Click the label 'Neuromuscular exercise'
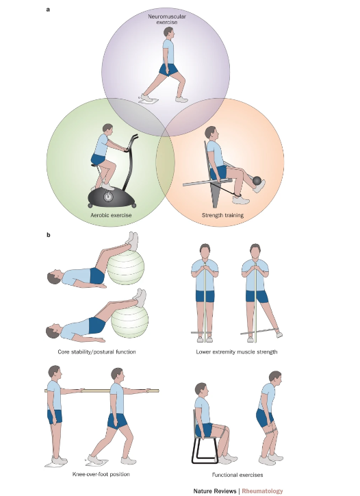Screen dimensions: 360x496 pos(167,19)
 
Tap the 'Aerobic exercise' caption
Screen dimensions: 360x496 pos(111,215)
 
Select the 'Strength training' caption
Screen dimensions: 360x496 pos(222,215)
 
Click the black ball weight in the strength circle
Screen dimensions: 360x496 pos(257,181)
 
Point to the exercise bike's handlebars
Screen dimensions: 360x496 pos(131,143)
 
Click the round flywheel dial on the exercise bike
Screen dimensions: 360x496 pos(108,197)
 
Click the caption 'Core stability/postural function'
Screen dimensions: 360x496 pos(97,351)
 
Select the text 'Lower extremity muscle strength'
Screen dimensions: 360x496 pos(236,351)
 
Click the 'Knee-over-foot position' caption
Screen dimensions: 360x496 pos(101,474)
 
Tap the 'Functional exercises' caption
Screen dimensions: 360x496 pos(237,475)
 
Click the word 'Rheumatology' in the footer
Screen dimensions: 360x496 pos(262,491)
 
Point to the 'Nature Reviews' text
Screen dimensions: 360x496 pos(215,491)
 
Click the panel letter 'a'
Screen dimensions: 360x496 pos(48,10)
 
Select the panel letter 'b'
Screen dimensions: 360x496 pos(49,235)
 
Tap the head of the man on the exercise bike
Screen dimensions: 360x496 pos(107,129)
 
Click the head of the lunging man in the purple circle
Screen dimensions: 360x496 pos(169,33)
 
